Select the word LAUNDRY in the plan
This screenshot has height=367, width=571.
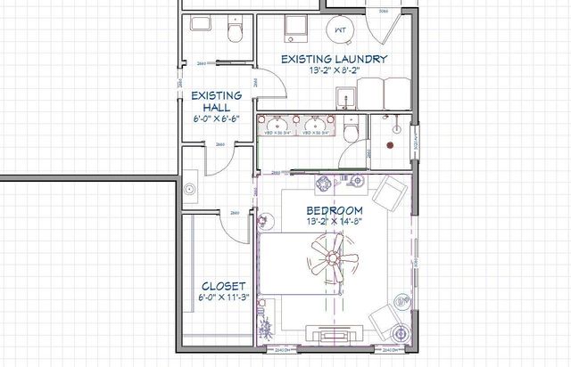364,60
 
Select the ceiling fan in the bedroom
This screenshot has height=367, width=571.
332,259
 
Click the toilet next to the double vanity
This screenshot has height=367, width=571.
353,130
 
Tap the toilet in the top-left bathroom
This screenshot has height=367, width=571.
235,33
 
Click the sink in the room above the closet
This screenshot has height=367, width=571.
190,189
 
